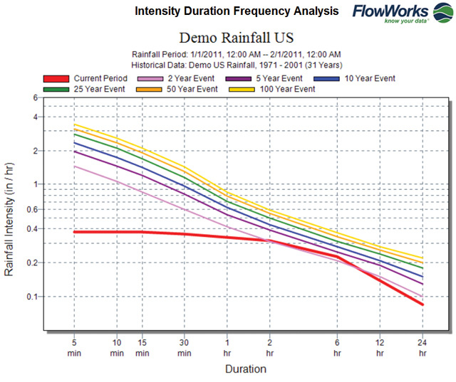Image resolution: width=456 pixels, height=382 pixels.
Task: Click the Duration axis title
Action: [x=246, y=369]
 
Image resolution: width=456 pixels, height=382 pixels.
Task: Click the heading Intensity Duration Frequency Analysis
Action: [x=237, y=12]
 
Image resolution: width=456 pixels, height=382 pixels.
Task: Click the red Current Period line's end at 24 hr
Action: [x=423, y=304]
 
